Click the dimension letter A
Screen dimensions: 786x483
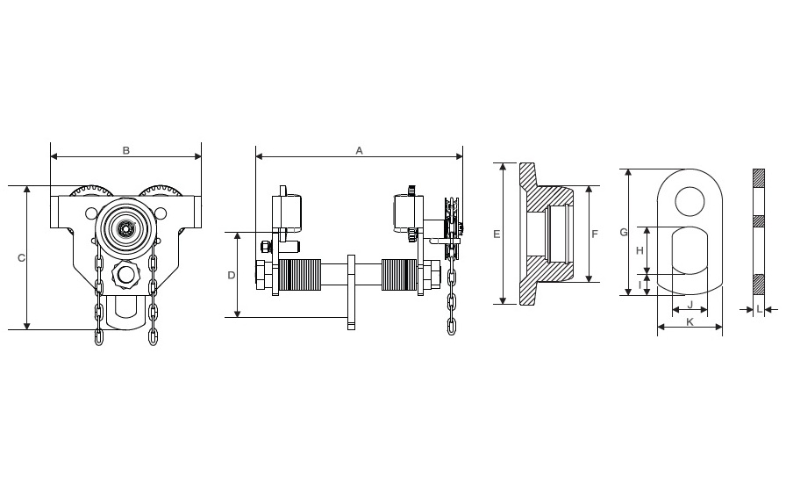pos(359,150)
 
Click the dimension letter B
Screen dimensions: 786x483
pos(126,150)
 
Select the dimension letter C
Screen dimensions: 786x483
pos(21,257)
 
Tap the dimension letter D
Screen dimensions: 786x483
pos(231,275)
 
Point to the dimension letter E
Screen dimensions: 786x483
pos(497,234)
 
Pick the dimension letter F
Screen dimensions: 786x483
pos(595,234)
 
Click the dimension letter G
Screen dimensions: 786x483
pos(624,232)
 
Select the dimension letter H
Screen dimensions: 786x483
pos(640,250)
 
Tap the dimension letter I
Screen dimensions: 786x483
pos(640,285)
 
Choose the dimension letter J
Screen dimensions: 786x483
pos(690,305)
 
